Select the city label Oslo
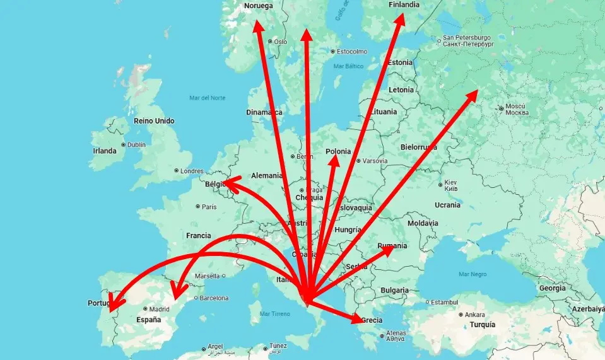click(280, 42)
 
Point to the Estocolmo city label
click(352, 51)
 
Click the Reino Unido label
click(154, 120)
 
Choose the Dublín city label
click(136, 144)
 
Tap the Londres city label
click(192, 171)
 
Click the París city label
click(209, 206)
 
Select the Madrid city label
click(160, 309)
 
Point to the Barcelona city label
click(213, 298)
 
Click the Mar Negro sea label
click(473, 274)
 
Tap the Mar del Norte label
click(207, 98)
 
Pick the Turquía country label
click(478, 325)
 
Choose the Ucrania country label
click(447, 205)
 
